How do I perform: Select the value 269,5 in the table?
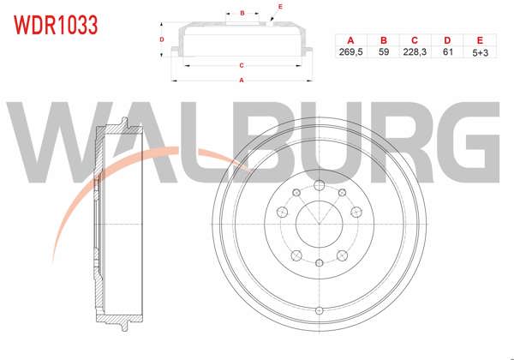[x=350, y=51]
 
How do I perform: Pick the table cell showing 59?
[x=383, y=51]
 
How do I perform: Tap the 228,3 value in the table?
[x=415, y=51]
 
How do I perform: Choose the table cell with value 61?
[x=447, y=51]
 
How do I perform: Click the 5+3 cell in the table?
[x=480, y=51]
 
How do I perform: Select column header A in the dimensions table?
[x=350, y=40]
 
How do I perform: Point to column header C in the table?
[x=415, y=40]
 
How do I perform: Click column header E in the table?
[x=480, y=40]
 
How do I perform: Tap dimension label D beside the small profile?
[x=161, y=39]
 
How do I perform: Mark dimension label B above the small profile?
[x=242, y=13]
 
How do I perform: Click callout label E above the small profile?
[x=280, y=6]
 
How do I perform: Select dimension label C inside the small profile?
[x=242, y=65]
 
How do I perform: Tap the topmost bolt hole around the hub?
[x=319, y=186]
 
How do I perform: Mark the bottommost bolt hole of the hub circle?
[x=319, y=263]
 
